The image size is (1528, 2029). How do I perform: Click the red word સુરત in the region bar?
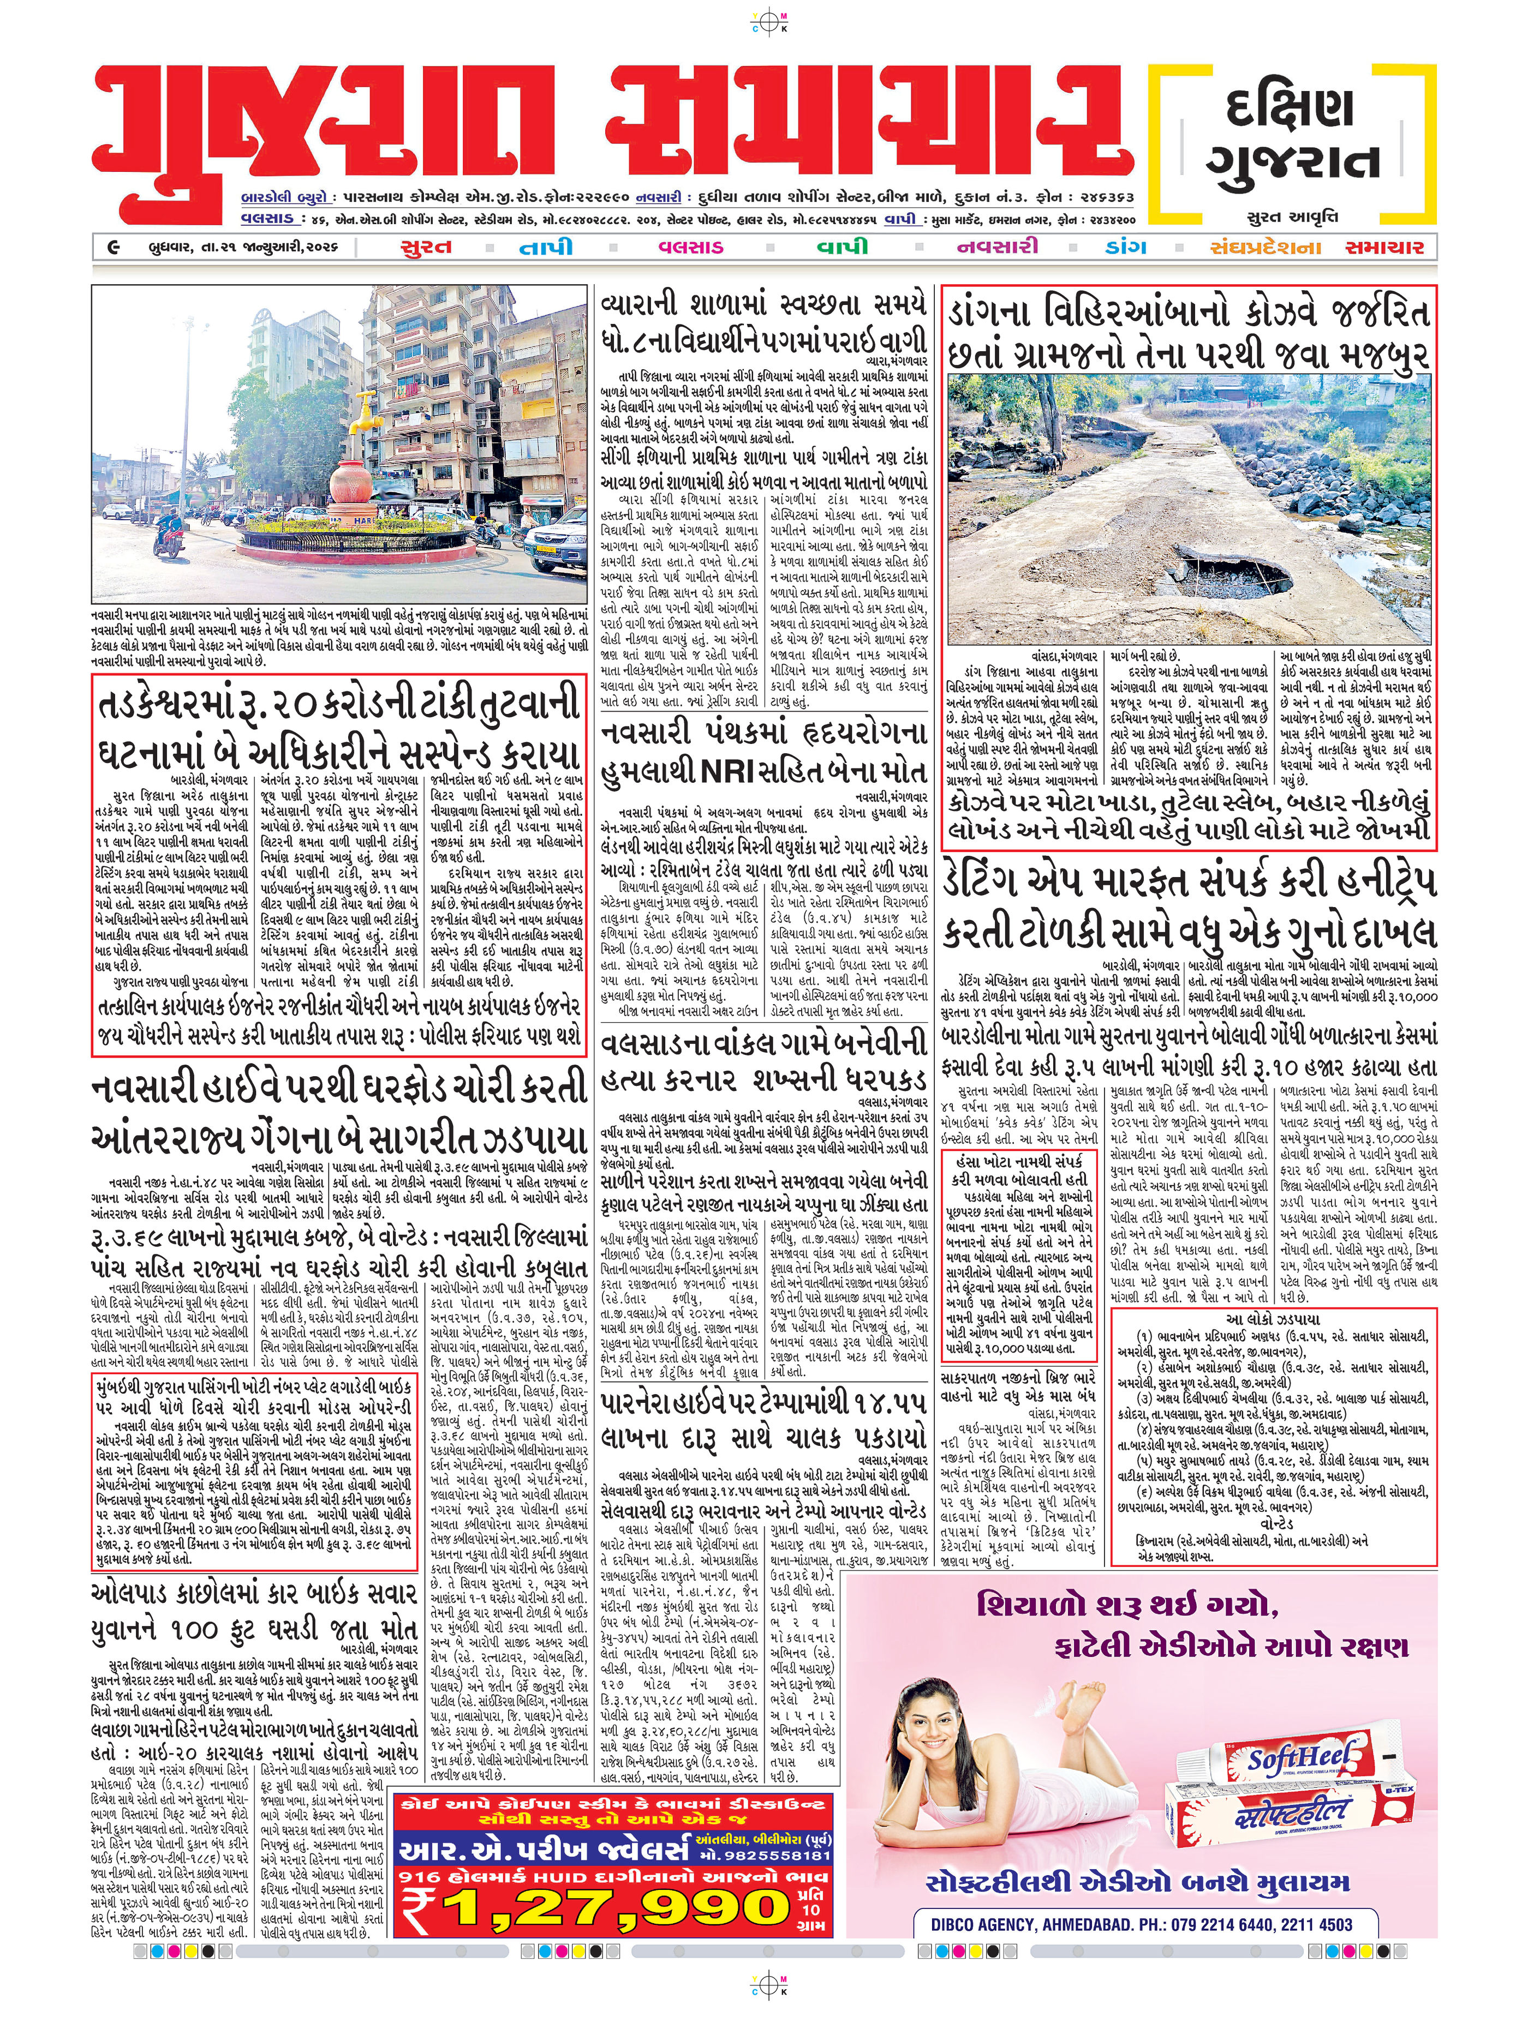click(x=426, y=247)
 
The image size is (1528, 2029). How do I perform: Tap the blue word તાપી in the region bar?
click(x=547, y=247)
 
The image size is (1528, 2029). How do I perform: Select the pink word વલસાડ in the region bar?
click(x=690, y=247)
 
